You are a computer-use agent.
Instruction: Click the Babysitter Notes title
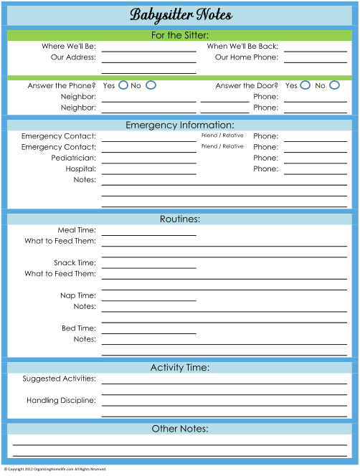(181, 15)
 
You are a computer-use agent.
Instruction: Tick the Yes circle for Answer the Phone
(123, 81)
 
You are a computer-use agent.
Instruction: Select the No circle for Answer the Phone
(151, 81)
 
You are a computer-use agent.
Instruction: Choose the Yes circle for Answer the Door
(305, 81)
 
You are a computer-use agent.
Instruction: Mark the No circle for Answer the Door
(334, 81)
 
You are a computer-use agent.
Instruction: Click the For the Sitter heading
(180, 36)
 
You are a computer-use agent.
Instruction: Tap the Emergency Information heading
(180, 125)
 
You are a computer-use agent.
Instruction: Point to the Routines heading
(180, 219)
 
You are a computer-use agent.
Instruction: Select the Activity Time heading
(180, 368)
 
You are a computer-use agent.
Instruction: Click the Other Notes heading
(180, 429)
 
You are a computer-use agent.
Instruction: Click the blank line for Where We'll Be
(149, 52)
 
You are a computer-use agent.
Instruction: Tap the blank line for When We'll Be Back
(316, 52)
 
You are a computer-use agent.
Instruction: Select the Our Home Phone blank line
(316, 62)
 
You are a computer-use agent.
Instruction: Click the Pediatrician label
(74, 158)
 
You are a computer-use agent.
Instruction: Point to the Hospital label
(81, 168)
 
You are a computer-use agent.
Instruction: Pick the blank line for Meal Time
(149, 235)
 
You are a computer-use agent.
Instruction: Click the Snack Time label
(75, 262)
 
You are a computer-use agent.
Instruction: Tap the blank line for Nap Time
(149, 301)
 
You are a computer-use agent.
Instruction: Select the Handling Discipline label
(61, 401)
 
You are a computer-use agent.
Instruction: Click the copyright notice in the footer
(55, 469)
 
